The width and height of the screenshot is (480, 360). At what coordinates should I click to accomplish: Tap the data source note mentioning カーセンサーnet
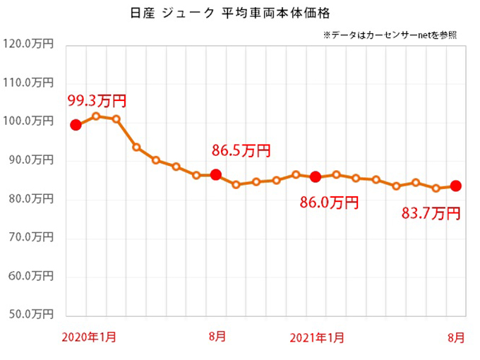click(x=389, y=34)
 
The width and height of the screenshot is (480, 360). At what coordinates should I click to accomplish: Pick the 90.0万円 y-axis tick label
click(x=30, y=161)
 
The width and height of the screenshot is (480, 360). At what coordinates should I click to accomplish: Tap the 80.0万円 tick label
click(x=30, y=200)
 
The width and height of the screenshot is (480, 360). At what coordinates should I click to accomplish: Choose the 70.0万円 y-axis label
click(x=30, y=239)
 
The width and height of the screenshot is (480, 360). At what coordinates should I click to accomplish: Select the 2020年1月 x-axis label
click(x=89, y=337)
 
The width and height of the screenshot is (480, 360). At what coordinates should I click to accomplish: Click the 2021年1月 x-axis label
click(x=318, y=337)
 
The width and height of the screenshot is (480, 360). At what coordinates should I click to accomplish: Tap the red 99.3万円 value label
click(x=96, y=101)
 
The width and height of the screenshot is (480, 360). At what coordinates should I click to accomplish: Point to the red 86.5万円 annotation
click(x=241, y=150)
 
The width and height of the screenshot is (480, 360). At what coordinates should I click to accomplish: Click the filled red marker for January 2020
click(x=76, y=125)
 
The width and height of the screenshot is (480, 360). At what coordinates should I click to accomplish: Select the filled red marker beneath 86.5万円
click(x=216, y=174)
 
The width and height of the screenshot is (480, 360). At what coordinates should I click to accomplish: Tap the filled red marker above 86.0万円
click(x=316, y=176)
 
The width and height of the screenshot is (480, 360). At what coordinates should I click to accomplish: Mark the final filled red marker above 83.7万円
click(x=456, y=186)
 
